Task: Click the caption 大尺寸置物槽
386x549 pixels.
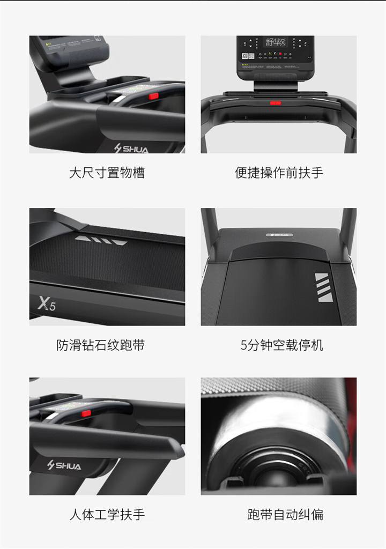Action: click(107, 173)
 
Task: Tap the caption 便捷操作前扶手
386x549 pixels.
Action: click(279, 173)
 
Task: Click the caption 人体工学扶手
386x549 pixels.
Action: click(107, 515)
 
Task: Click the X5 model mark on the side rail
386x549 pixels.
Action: click(47, 304)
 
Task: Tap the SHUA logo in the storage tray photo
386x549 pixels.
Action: click(131, 149)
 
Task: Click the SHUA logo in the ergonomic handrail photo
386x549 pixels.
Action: click(64, 465)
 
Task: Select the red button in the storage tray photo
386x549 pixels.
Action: click(153, 96)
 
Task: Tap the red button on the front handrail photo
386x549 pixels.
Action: click(276, 102)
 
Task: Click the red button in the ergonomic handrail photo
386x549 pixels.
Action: click(86, 413)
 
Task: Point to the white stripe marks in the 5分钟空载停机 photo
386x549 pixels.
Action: click(322, 287)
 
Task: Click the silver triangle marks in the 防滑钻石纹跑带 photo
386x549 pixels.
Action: click(101, 240)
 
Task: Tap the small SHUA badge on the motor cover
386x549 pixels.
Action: click(278, 234)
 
